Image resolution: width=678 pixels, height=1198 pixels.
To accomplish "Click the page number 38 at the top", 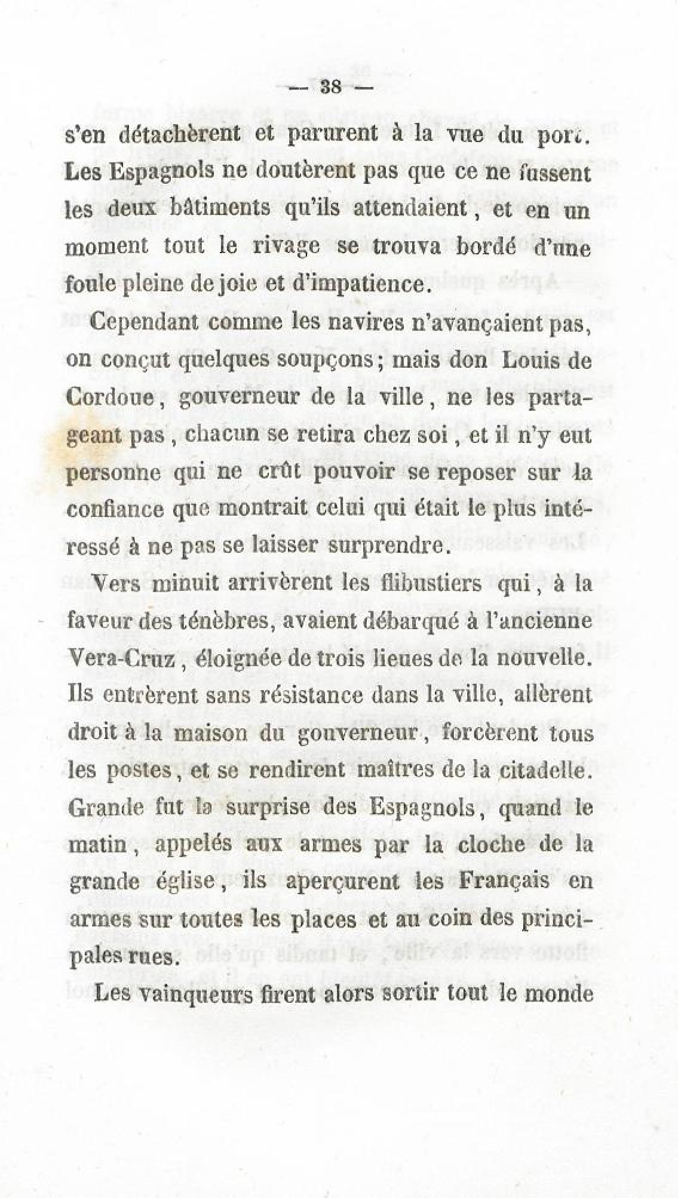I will coord(330,87).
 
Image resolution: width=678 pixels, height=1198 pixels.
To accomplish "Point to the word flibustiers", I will coord(443,583).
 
